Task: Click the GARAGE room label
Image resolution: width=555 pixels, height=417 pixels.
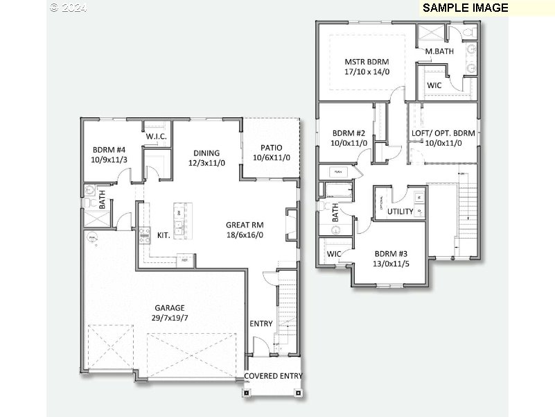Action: pos(170,307)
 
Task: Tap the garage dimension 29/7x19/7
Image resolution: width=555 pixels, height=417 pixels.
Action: pos(170,318)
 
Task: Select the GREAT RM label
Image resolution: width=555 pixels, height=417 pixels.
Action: pos(245,225)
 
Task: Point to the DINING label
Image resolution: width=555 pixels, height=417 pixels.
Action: pos(206,153)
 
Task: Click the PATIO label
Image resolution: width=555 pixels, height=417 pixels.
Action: pos(271,148)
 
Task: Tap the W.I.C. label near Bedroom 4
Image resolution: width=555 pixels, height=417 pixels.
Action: pos(156,136)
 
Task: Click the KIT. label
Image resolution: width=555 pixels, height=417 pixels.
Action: pos(164,235)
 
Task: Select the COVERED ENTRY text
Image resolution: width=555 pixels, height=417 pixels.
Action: pos(273,376)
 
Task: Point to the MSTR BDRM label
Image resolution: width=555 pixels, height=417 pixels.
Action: pos(367,62)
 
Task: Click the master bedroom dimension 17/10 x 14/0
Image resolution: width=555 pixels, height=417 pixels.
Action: pos(367,71)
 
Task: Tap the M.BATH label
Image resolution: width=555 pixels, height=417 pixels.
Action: pos(439,51)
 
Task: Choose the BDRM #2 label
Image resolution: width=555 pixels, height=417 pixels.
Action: pos(349,133)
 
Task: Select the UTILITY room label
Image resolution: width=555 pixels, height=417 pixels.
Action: pos(400,212)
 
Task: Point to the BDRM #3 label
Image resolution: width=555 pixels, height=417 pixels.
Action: pos(391,253)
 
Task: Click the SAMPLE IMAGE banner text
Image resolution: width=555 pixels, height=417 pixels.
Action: pos(465,8)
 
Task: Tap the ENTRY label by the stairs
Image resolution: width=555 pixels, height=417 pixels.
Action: pos(261,323)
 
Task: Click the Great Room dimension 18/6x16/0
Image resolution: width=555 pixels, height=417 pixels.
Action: pos(245,235)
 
